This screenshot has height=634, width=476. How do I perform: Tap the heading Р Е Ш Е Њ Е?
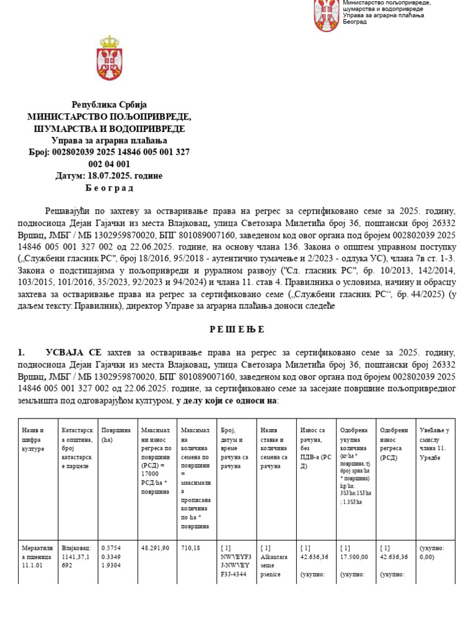coord(237,329)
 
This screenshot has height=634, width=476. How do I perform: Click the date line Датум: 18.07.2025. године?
coord(109,176)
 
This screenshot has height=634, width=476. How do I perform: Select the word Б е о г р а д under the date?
coord(109,188)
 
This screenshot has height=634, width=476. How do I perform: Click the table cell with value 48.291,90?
coord(155,548)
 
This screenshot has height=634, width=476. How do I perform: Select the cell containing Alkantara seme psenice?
coord(274,561)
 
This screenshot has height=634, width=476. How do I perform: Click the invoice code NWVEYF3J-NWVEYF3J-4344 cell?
coord(236,561)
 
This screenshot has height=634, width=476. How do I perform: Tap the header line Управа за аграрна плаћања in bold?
coord(109,141)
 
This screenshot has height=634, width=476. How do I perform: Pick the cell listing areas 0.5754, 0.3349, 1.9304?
coord(116,557)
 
